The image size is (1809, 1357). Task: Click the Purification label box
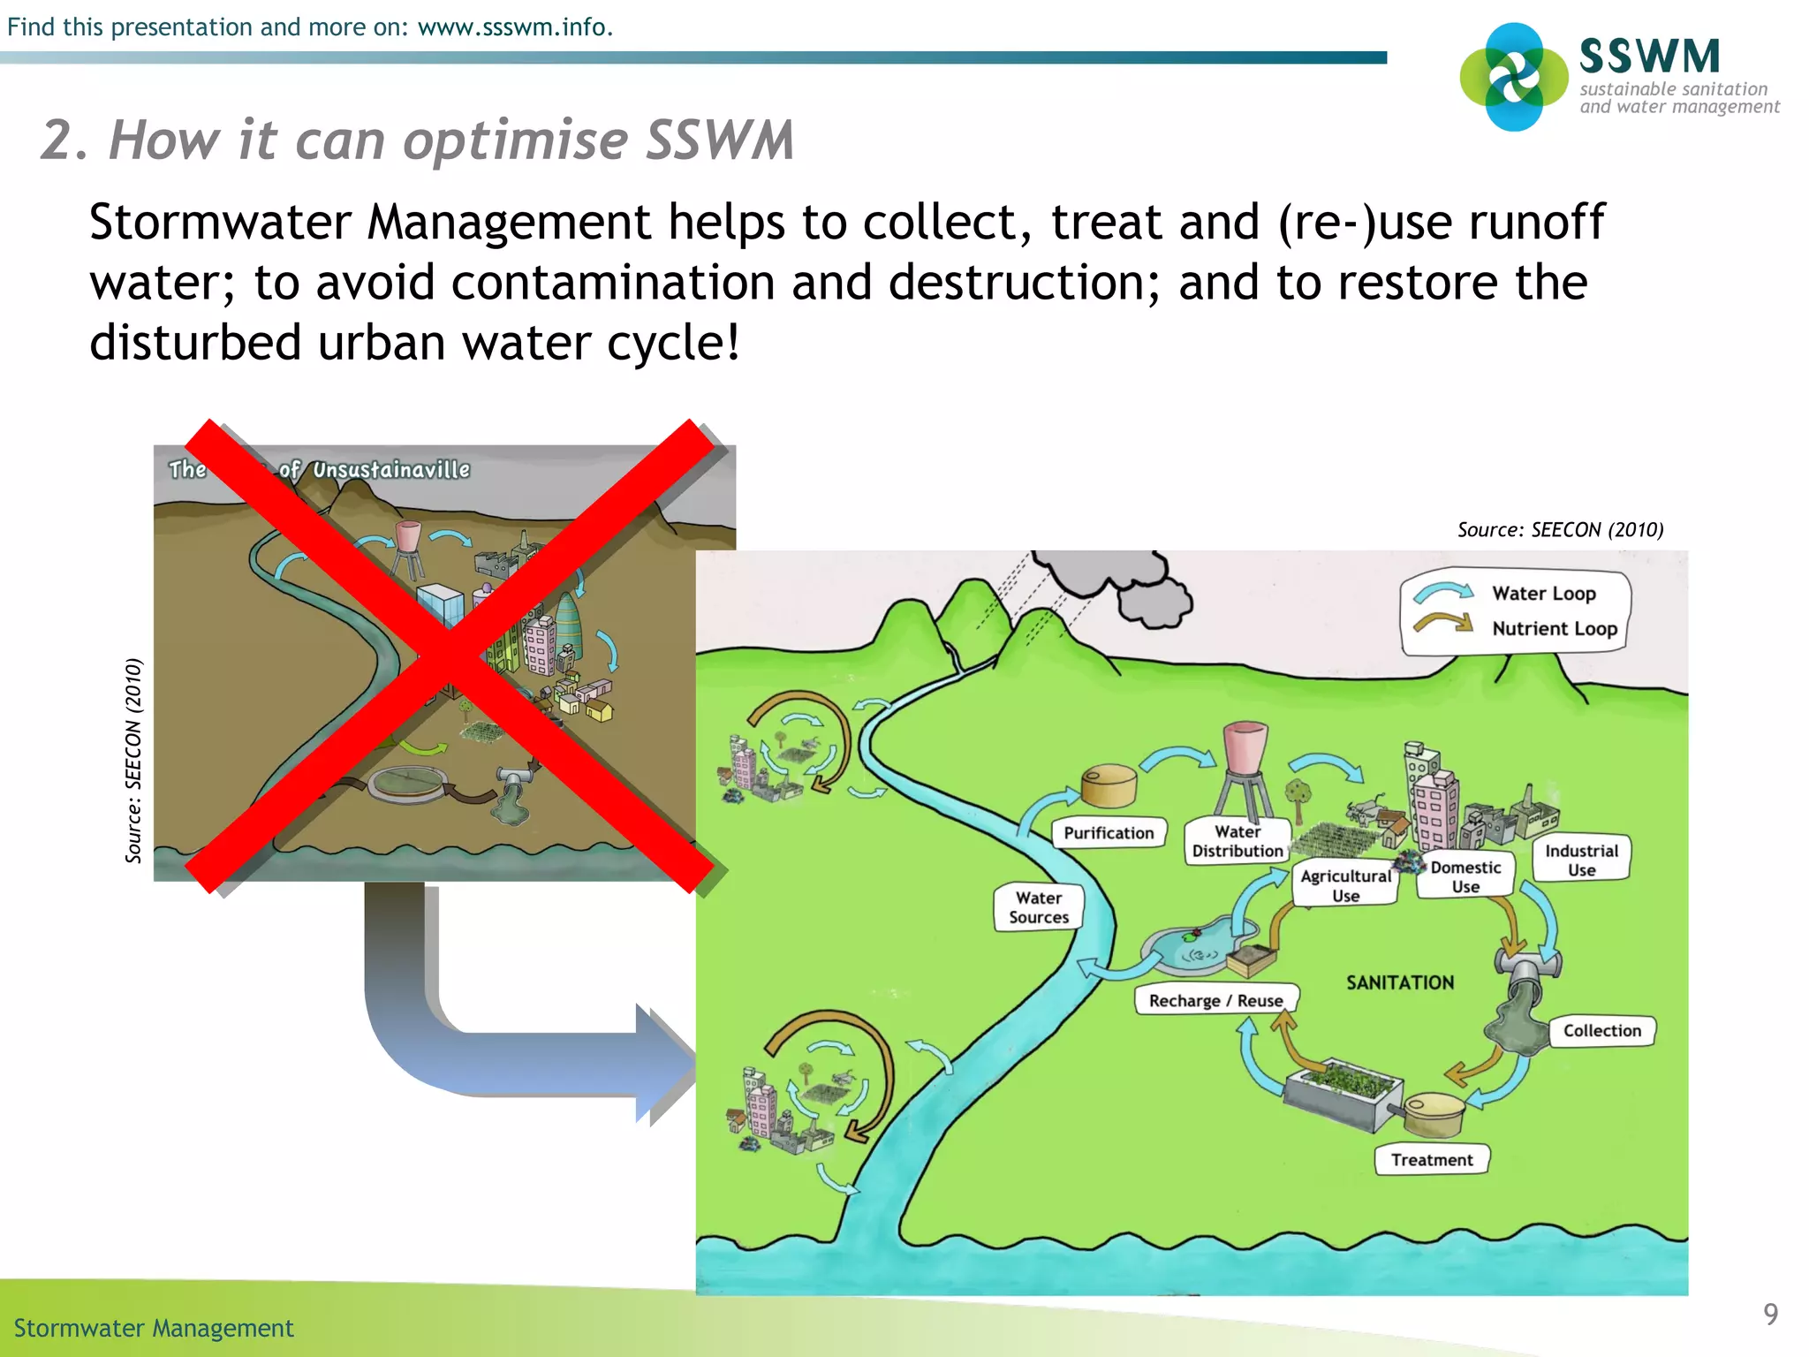pyautogui.click(x=1109, y=832)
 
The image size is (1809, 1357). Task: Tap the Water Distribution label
pyautogui.click(x=1237, y=841)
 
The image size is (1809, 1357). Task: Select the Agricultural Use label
pyautogui.click(x=1345, y=885)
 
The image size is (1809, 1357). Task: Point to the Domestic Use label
pyautogui.click(x=1465, y=876)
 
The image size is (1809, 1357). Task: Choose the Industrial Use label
pyautogui.click(x=1581, y=860)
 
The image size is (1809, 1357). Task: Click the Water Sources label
pyautogui.click(x=1039, y=907)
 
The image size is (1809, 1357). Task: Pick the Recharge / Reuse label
pyautogui.click(x=1215, y=1000)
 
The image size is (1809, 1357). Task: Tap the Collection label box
pyautogui.click(x=1601, y=1030)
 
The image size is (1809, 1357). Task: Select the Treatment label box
pyautogui.click(x=1432, y=1159)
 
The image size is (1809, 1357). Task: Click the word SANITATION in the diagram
pyautogui.click(x=1400, y=982)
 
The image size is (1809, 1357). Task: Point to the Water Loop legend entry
pyautogui.click(x=1543, y=594)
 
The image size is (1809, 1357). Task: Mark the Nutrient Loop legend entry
pyautogui.click(x=1554, y=629)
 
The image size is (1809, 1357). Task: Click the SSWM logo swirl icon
pyautogui.click(x=1514, y=77)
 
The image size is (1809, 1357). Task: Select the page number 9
pyautogui.click(x=1770, y=1314)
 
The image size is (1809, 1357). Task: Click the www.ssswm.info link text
pyautogui.click(x=515, y=27)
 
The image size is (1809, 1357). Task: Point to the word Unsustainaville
pyautogui.click(x=391, y=470)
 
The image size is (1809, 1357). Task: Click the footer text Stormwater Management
pyautogui.click(x=154, y=1328)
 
